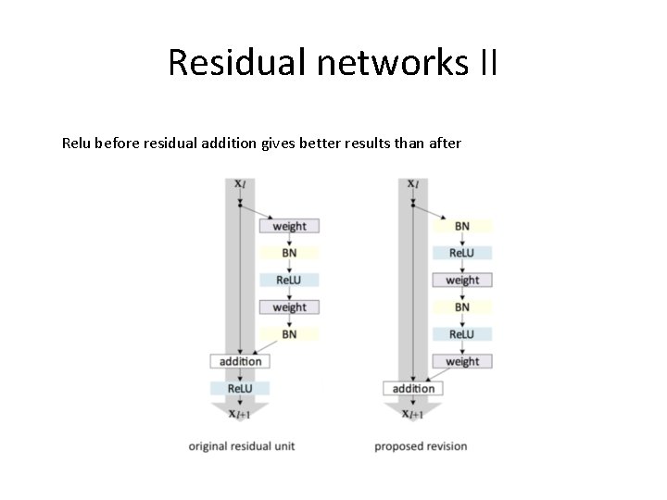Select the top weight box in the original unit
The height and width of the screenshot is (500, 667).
(x=289, y=226)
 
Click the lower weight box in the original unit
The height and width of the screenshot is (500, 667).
(x=289, y=307)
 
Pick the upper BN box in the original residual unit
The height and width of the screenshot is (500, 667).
(x=289, y=253)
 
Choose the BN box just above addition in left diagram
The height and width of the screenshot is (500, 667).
(x=289, y=334)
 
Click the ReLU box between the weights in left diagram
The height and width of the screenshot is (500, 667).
(x=289, y=280)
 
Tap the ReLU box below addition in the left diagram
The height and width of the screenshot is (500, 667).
(x=240, y=389)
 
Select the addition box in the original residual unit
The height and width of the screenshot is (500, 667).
(x=240, y=361)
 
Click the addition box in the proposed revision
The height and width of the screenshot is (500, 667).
(x=413, y=389)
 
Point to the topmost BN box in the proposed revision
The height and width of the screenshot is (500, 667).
(x=461, y=226)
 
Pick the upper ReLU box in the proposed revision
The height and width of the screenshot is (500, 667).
(x=461, y=253)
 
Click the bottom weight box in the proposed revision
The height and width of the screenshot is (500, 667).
(x=461, y=361)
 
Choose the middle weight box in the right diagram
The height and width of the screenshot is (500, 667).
(x=461, y=280)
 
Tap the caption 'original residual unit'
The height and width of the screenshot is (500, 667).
(x=242, y=446)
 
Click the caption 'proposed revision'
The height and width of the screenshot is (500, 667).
(x=421, y=446)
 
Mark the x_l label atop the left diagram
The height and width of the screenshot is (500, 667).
(x=240, y=183)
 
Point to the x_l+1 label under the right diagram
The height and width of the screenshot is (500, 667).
(x=413, y=414)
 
